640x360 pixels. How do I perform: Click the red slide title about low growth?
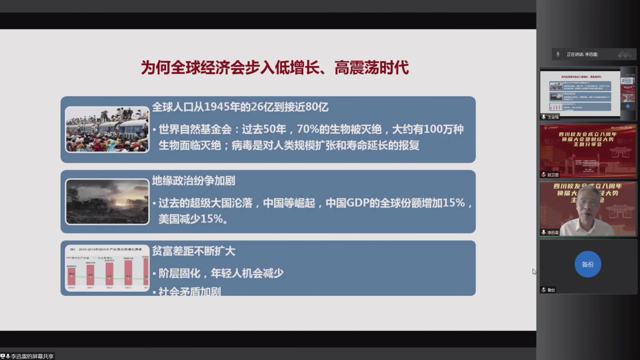(275, 68)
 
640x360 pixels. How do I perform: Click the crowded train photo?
(107, 129)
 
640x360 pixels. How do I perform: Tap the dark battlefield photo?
(107, 202)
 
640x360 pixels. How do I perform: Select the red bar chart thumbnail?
(107, 268)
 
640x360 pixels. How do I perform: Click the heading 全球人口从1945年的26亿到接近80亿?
(240, 107)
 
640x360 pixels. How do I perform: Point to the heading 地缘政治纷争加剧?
(194, 181)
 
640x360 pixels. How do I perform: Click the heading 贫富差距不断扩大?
(194, 251)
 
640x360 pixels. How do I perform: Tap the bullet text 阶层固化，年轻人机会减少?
(221, 273)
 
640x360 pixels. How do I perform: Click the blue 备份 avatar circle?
(588, 264)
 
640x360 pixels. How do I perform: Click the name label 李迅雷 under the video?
(553, 232)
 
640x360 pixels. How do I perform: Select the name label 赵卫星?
(553, 175)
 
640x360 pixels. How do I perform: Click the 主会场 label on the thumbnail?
(553, 117)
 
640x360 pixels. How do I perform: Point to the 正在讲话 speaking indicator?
(582, 54)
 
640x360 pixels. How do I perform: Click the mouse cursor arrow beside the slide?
(534, 271)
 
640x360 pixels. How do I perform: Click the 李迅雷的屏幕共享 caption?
(32, 356)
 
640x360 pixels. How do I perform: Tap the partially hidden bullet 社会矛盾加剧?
(189, 292)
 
